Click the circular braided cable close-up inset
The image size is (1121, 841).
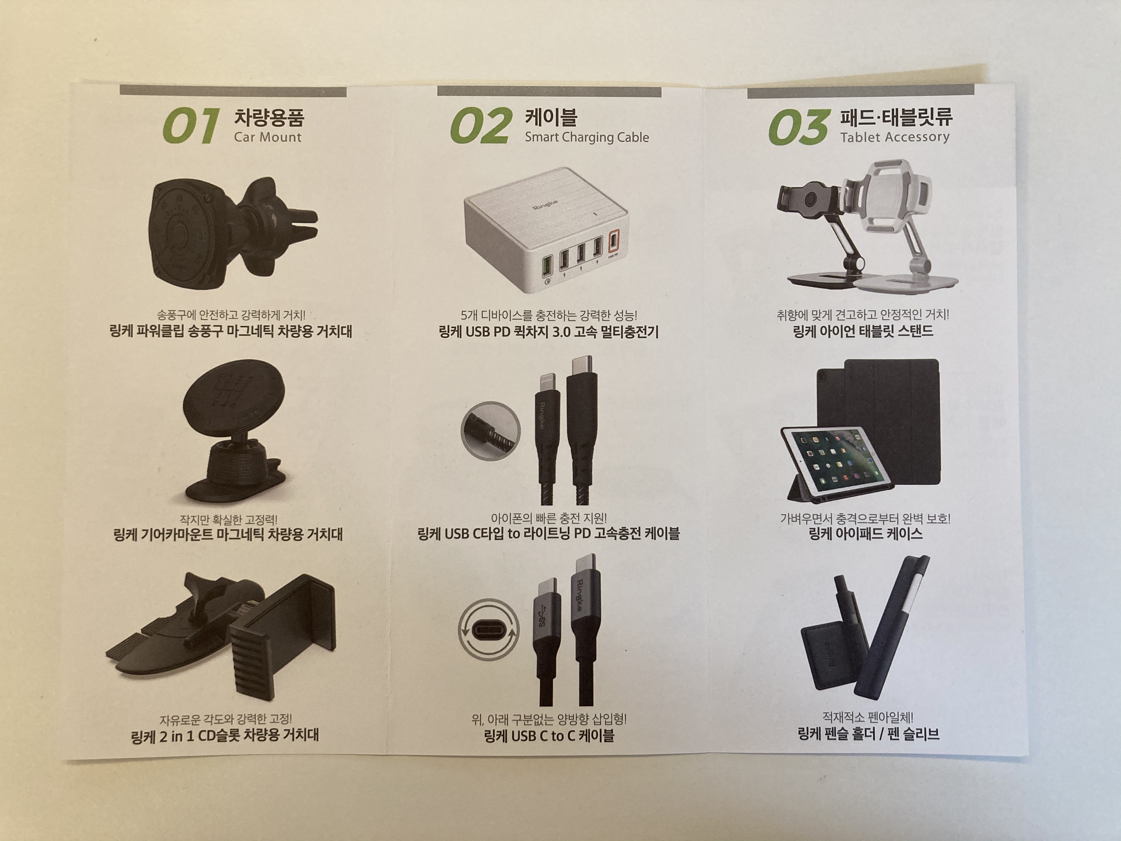pyautogui.click(x=490, y=431)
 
